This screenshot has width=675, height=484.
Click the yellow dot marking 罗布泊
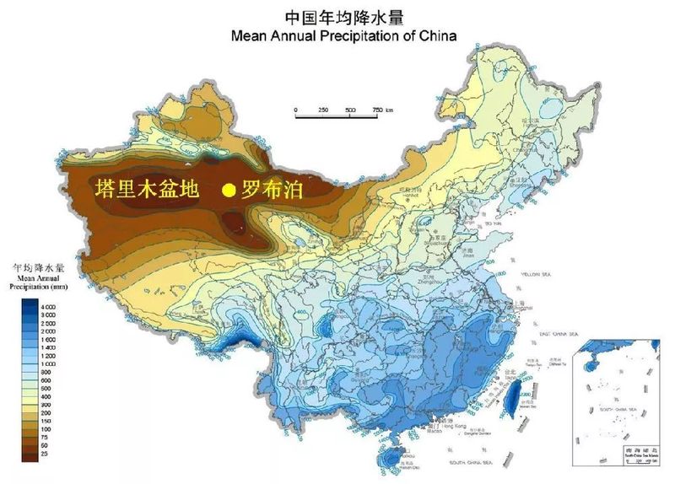[x=227, y=191]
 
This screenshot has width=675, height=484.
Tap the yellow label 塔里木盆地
[x=147, y=189]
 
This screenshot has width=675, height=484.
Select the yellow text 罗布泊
[x=273, y=190]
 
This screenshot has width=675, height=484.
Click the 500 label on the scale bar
[x=349, y=110]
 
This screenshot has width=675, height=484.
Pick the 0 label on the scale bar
[x=296, y=110]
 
